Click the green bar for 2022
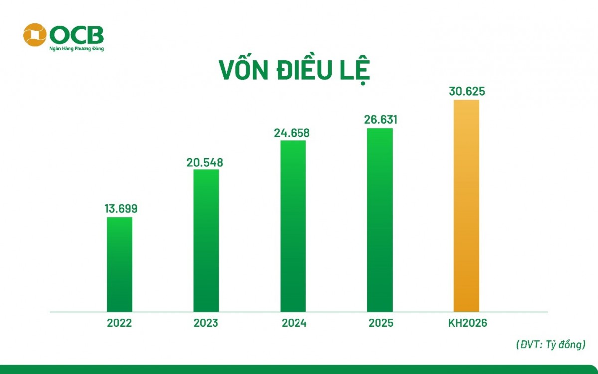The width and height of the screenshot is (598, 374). click(120, 264)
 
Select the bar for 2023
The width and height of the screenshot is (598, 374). click(206, 240)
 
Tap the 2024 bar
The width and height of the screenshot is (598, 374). click(293, 226)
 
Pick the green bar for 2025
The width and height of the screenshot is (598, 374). click(380, 220)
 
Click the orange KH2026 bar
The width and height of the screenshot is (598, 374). click(466, 205)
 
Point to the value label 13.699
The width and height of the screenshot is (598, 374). click(121, 209)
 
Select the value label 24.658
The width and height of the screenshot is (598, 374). click(293, 133)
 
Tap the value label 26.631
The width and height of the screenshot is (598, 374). click(380, 120)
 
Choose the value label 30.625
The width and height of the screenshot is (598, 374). click(466, 92)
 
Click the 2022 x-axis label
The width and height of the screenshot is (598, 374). click(120, 323)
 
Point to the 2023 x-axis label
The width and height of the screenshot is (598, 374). click(206, 323)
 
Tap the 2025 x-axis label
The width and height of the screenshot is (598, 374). click(381, 323)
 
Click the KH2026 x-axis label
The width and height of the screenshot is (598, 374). click(467, 323)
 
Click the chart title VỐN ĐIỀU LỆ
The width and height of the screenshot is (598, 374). click(295, 70)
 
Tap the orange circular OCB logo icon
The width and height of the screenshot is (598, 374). click(35, 34)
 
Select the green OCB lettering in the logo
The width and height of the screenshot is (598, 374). click(77, 34)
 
